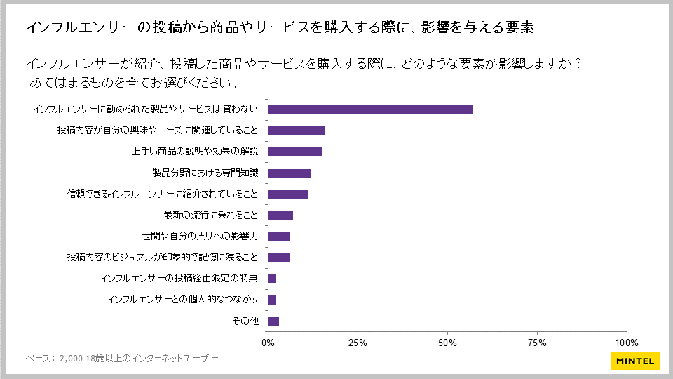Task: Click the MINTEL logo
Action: [x=634, y=361]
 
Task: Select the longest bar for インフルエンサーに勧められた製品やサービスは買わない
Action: [x=370, y=109]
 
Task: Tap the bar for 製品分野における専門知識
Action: [x=290, y=173]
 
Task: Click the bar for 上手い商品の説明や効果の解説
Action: [x=295, y=152]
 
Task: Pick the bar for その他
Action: [x=274, y=321]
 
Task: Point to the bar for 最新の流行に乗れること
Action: [x=280, y=215]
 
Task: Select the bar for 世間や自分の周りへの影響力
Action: [x=279, y=237]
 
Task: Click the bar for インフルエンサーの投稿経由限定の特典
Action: [x=272, y=279]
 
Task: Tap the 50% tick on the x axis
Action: [x=447, y=343]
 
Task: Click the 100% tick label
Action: [x=626, y=343]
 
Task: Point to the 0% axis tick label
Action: [x=268, y=343]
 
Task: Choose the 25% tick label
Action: [x=358, y=343]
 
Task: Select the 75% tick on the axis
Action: [x=537, y=343]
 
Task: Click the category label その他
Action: [x=245, y=321]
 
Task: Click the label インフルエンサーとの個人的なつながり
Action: [x=184, y=300]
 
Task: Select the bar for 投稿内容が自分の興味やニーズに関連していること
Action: [x=297, y=131]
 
